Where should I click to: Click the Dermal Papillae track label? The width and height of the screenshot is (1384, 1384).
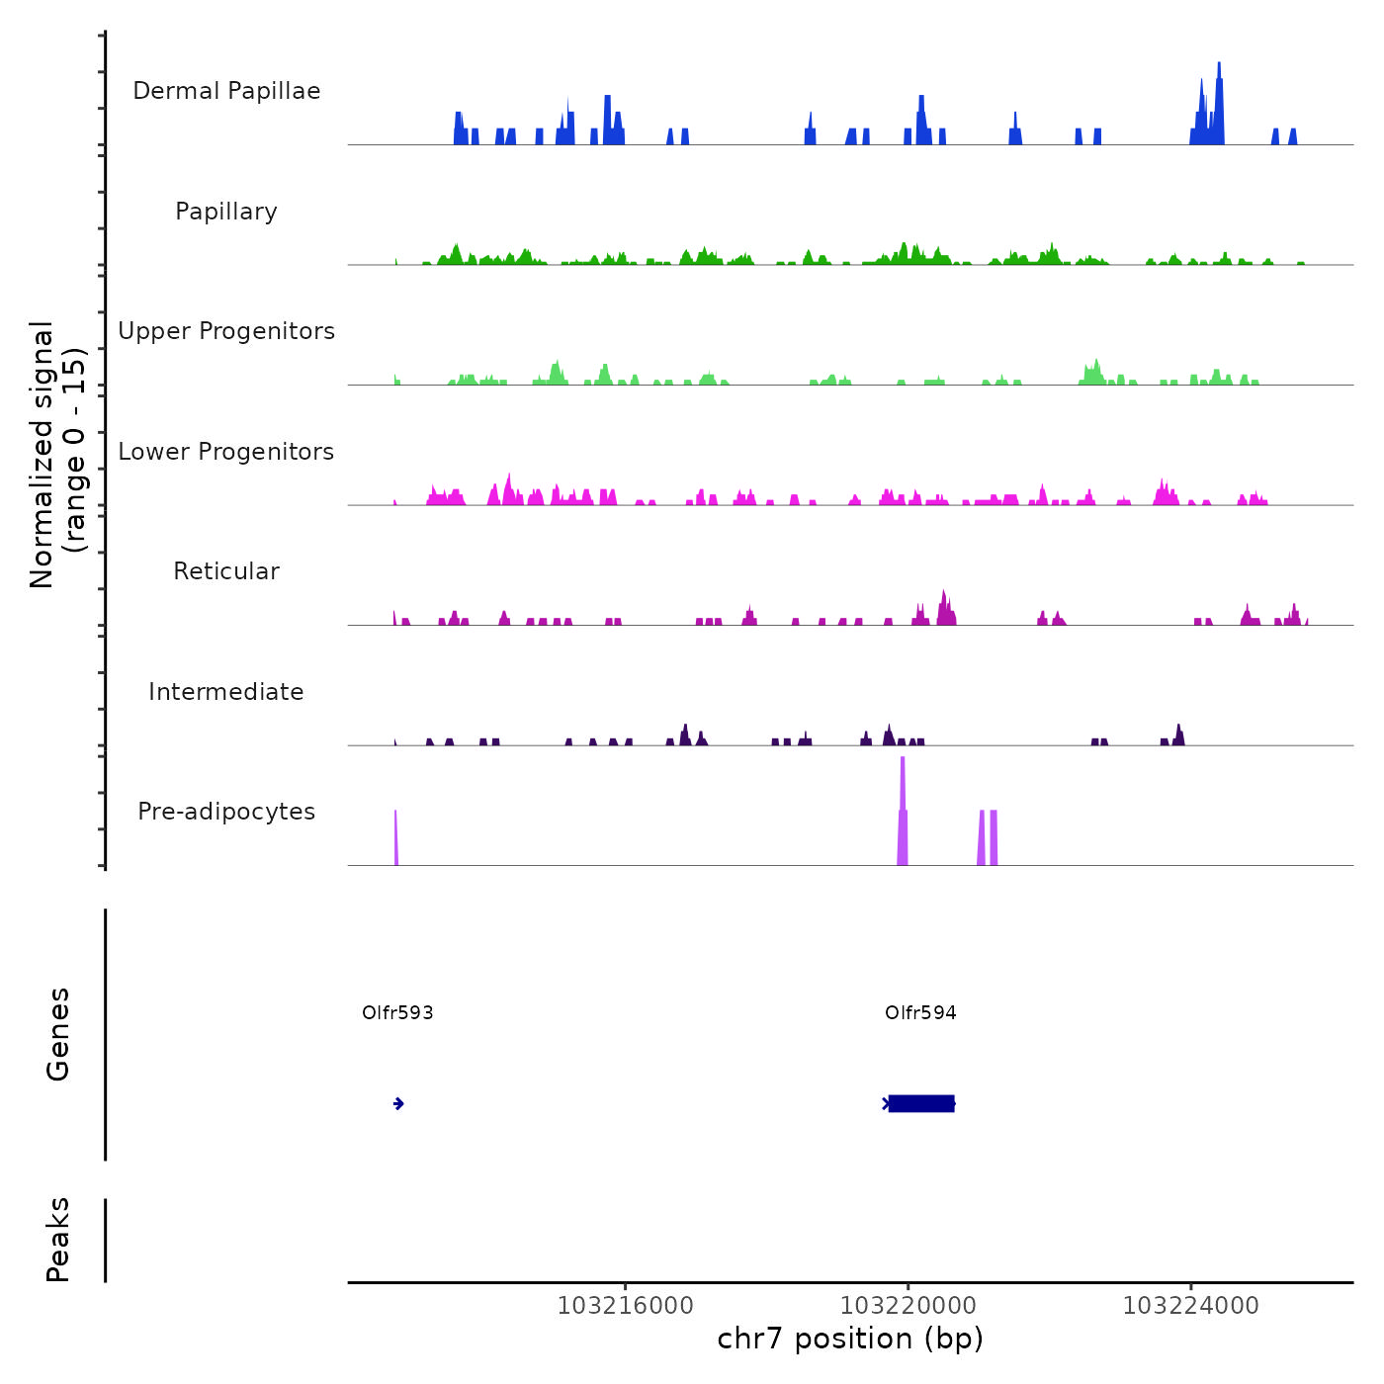[x=226, y=91]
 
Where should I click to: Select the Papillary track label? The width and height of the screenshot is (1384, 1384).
[x=226, y=212]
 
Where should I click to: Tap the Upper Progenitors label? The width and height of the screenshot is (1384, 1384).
[x=226, y=331]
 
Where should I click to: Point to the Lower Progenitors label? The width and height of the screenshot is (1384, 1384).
[x=226, y=452]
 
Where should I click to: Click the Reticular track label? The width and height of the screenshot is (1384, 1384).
[x=226, y=571]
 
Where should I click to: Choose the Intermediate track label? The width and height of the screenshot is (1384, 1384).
[x=226, y=692]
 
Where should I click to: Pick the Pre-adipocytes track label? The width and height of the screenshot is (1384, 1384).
[x=226, y=812]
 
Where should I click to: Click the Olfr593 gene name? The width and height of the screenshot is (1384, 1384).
[x=397, y=1013]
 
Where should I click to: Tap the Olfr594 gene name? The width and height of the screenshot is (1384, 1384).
[x=920, y=1013]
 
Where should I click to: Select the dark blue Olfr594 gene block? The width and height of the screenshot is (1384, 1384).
[x=921, y=1103]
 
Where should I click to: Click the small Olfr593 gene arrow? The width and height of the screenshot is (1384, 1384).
[x=398, y=1103]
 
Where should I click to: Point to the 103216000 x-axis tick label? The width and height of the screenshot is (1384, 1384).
[x=626, y=1306]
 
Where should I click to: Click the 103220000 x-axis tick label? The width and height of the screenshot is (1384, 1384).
[x=908, y=1306]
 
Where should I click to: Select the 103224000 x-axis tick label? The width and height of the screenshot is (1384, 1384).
[x=1191, y=1306]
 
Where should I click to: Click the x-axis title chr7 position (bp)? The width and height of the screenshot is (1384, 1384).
[x=850, y=1339]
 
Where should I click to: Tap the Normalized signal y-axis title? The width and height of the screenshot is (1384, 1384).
[x=57, y=454]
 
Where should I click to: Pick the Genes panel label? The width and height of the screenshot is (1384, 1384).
[x=58, y=1034]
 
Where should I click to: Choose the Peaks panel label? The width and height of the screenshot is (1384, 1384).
[x=58, y=1240]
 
